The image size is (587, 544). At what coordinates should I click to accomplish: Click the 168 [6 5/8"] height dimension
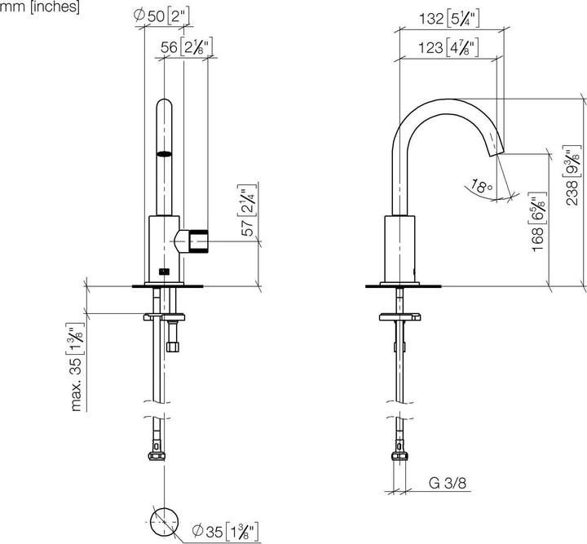536,223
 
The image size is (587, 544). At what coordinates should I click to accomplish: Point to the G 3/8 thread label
449,484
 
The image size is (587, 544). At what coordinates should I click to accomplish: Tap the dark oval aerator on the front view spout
165,153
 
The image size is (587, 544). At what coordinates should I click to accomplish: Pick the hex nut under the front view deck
172,343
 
